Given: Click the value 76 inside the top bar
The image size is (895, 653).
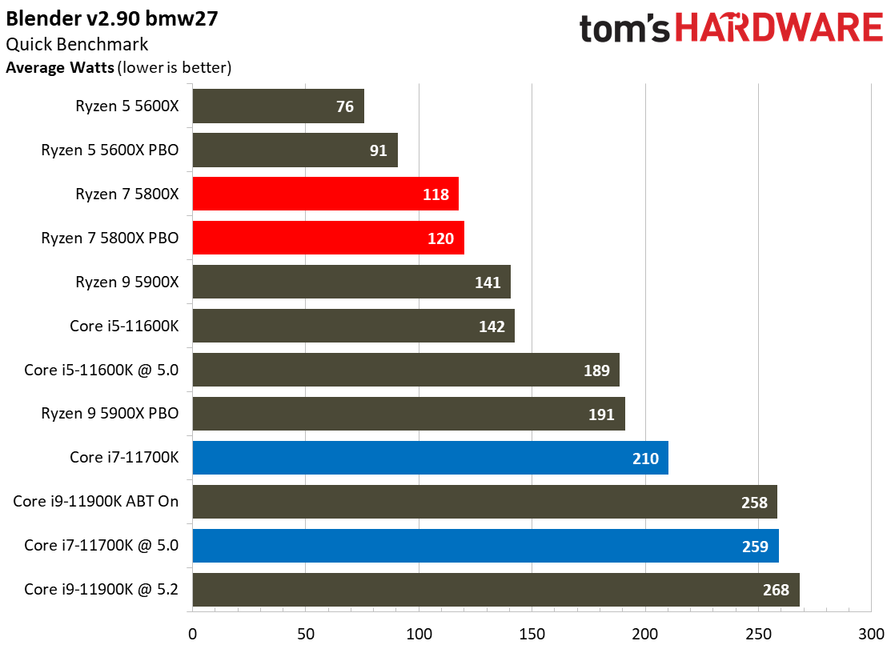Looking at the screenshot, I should [x=345, y=106].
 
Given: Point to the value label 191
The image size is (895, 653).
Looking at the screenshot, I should [x=601, y=415].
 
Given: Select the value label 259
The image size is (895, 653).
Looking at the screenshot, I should [x=755, y=547].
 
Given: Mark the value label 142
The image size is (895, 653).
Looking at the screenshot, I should [x=492, y=326].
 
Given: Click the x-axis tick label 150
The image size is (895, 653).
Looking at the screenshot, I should [x=532, y=635].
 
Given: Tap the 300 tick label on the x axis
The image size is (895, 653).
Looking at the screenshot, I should [x=871, y=635].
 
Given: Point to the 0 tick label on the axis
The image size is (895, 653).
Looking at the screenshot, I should [x=192, y=635].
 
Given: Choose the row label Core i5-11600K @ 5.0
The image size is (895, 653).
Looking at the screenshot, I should [x=101, y=370].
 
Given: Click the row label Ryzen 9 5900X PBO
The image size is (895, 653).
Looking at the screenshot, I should [x=110, y=414].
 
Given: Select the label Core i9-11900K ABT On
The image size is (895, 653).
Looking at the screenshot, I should [x=95, y=502].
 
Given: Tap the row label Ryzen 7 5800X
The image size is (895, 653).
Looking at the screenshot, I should [x=126, y=194].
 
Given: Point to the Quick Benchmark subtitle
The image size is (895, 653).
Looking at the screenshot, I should [x=77, y=45].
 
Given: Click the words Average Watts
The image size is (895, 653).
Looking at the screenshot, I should [x=59, y=68].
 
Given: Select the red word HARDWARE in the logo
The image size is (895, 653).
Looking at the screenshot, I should [x=779, y=29].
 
